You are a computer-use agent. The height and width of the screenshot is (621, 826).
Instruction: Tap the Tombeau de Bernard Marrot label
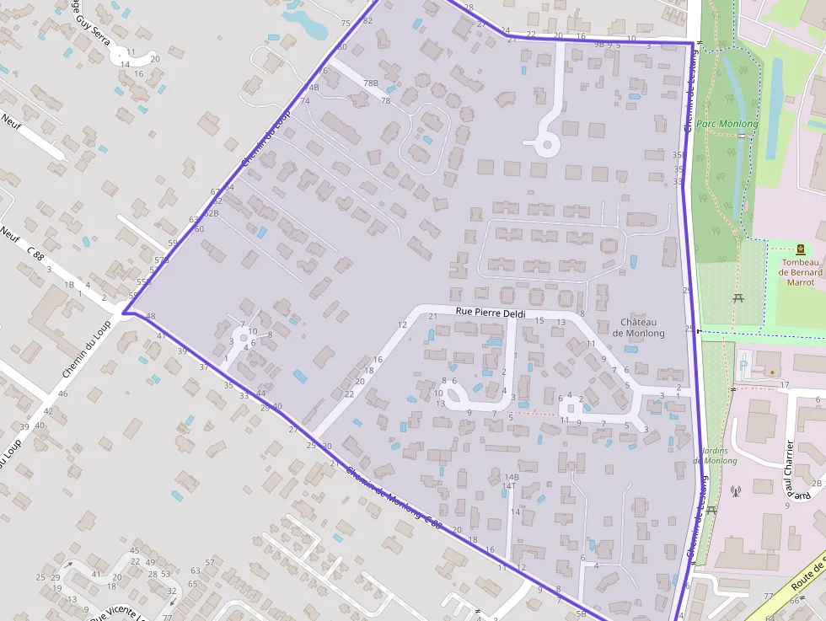point(800,272)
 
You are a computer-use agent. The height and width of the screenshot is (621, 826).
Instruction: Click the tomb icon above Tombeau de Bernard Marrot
point(800,249)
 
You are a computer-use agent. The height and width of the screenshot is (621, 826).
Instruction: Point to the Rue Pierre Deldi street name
point(491,313)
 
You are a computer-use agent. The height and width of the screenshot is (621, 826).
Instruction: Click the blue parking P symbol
point(743,365)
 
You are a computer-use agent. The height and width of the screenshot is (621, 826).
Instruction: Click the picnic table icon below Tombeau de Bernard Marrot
point(738,297)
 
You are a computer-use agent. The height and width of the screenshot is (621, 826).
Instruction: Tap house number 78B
point(371,83)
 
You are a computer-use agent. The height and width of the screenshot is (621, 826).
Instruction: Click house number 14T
point(509,486)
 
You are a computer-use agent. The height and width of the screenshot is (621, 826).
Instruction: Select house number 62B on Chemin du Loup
point(212,213)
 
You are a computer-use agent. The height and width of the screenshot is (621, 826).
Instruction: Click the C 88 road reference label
point(35,252)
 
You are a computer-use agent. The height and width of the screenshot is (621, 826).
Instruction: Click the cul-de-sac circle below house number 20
point(547,146)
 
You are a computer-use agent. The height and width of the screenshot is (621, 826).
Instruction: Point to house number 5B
point(581,613)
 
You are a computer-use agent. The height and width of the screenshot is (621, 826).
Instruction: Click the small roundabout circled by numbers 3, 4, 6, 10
point(244,338)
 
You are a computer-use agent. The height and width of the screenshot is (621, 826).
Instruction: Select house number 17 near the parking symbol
point(785,385)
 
